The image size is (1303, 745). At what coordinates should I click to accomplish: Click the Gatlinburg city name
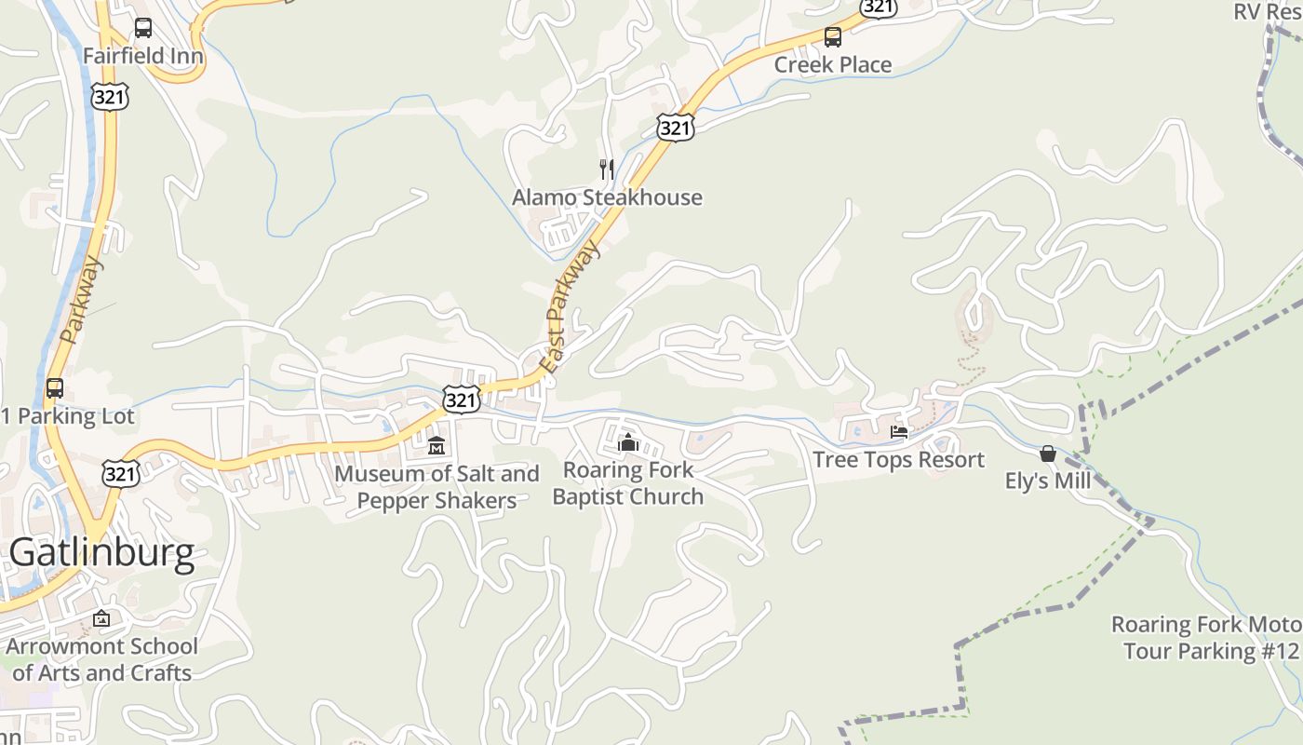point(102,553)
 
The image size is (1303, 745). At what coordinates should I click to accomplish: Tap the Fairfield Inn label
point(142,56)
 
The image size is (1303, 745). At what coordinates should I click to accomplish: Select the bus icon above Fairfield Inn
point(142,28)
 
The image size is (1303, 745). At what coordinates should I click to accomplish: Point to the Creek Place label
point(833,64)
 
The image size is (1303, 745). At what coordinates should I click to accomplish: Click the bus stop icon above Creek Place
point(833,37)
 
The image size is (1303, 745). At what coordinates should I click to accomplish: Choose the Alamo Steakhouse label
point(607,197)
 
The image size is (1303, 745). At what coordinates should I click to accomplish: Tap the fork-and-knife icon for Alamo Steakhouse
point(607,169)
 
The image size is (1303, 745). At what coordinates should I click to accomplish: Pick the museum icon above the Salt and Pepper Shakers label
point(437,446)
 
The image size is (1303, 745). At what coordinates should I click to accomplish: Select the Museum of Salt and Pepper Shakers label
point(437,487)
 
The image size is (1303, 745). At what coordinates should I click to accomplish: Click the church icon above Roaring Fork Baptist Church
point(628,442)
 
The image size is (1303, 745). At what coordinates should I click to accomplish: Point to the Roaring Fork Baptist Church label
point(628,483)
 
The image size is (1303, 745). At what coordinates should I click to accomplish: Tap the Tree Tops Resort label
point(898,459)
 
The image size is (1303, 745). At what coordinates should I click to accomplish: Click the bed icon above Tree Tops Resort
point(899,432)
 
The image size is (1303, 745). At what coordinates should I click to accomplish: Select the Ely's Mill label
point(1048,481)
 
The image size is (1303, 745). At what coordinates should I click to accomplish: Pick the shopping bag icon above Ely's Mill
point(1048,454)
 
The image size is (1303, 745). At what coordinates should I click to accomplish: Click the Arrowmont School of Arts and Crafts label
point(101,659)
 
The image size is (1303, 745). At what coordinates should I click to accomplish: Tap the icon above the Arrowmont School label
point(101,618)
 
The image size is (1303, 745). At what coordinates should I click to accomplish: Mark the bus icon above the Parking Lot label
point(55,388)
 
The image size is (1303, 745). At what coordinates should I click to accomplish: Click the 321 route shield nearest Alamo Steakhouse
point(675,128)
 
